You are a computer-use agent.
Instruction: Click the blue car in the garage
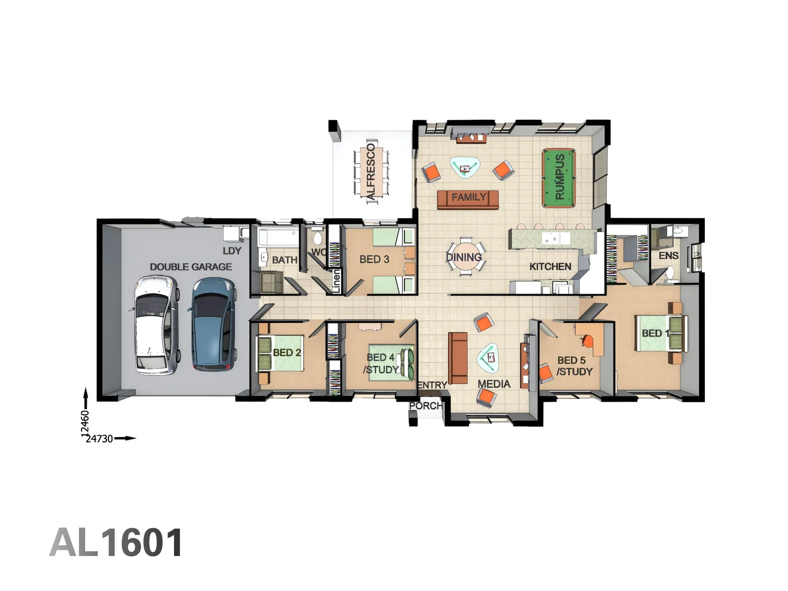click(x=213, y=324)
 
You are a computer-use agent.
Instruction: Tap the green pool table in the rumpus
click(x=558, y=178)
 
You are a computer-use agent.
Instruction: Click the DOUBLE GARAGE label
click(x=190, y=267)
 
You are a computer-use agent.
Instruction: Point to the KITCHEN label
click(x=550, y=266)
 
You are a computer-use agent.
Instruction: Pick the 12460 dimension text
click(x=85, y=423)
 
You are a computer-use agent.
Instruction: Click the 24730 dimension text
click(x=100, y=438)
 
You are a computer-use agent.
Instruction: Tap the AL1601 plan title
click(x=116, y=543)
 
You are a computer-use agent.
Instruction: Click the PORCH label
click(x=425, y=405)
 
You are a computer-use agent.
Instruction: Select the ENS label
click(x=668, y=256)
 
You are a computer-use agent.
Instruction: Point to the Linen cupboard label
click(x=336, y=280)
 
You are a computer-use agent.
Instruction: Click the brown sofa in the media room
click(x=458, y=358)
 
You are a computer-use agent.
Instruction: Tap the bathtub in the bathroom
click(x=278, y=238)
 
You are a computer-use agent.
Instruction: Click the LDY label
click(x=231, y=251)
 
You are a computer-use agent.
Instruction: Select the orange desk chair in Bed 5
click(x=587, y=341)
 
